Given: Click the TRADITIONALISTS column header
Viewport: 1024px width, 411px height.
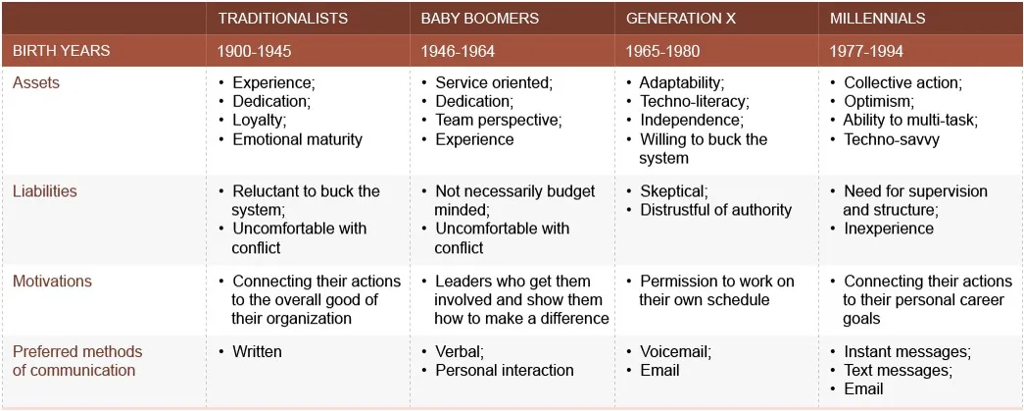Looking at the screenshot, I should tap(282, 19).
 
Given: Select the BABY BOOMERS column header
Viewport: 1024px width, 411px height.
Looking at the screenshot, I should tap(480, 19).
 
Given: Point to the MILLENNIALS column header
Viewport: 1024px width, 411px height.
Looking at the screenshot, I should tap(877, 19).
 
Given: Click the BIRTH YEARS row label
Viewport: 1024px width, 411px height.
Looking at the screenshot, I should tap(61, 51).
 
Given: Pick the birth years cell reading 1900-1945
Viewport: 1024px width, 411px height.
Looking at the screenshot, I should tap(255, 51).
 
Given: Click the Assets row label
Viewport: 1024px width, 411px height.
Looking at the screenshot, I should tap(36, 83).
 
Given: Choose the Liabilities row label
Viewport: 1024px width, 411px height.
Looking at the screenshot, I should tap(45, 191).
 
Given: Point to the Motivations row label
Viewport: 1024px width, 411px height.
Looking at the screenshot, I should tap(52, 282).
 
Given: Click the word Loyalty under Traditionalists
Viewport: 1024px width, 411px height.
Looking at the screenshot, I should tap(259, 121).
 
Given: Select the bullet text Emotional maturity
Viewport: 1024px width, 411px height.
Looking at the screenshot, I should tap(297, 139).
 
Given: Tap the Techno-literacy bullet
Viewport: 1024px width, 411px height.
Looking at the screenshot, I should tap(694, 102).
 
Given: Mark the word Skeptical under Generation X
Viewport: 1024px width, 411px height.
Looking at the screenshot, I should tap(673, 191).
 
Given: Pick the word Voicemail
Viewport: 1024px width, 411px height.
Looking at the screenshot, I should tap(675, 352).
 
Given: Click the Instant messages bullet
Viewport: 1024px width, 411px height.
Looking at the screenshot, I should tap(906, 352).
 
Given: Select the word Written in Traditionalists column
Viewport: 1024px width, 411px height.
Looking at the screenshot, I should tap(257, 352).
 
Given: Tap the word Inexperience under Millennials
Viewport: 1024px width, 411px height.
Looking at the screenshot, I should tap(889, 229).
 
